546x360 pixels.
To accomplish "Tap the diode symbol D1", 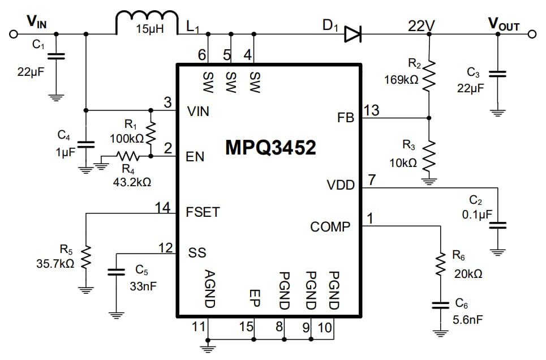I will [x=352, y=35].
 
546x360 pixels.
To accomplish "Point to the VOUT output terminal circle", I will [x=531, y=35].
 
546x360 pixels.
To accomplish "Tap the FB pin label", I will [x=345, y=118].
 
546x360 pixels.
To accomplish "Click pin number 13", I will [x=371, y=110].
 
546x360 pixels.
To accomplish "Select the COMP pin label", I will [x=330, y=227].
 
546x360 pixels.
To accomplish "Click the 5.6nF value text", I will [x=468, y=319].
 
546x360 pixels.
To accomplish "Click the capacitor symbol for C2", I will [x=497, y=225].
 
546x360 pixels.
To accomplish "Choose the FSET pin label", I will [x=203, y=213].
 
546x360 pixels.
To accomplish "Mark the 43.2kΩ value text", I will [x=132, y=182].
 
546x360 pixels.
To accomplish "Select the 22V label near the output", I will [x=422, y=25].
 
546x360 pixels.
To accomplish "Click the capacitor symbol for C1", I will [x=55, y=56].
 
